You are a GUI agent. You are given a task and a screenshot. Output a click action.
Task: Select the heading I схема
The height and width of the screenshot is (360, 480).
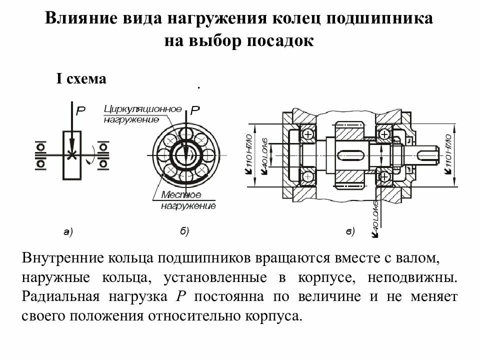[80, 79]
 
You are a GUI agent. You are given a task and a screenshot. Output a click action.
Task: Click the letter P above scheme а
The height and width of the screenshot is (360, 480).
[80, 111]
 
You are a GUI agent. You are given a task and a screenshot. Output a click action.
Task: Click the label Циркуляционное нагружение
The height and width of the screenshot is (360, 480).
[142, 114]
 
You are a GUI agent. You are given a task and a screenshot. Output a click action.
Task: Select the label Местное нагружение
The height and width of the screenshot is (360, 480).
[188, 200]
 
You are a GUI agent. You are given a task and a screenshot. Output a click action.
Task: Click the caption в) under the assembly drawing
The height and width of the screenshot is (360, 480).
[350, 231]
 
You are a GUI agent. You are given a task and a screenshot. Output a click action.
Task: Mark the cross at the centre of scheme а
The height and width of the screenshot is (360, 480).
[72, 155]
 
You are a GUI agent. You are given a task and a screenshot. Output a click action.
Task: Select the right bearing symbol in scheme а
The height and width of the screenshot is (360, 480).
[104, 155]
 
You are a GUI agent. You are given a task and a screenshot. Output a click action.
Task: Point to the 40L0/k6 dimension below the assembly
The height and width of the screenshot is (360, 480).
[375, 217]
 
